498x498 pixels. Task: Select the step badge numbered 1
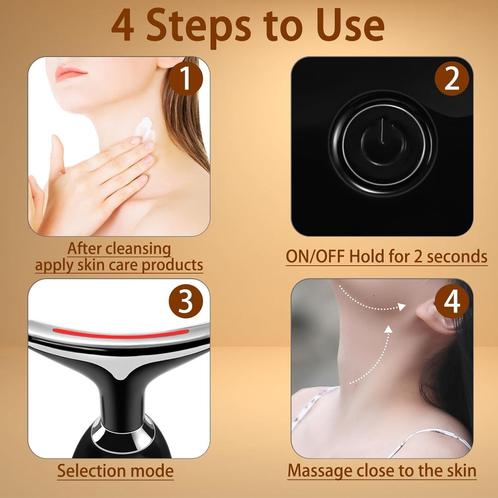186,79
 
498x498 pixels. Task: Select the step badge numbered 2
452,79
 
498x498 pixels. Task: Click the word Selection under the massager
91,471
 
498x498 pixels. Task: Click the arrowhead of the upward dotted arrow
389,329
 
